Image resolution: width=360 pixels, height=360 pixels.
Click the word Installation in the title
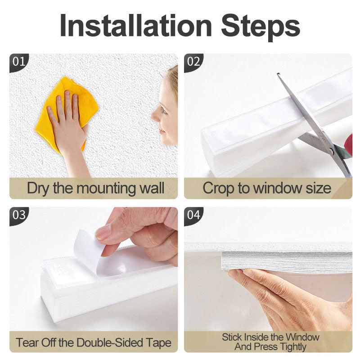[x=136, y=25]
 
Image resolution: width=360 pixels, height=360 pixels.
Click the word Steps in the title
[x=261, y=27]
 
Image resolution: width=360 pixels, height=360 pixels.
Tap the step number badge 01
[x=19, y=62]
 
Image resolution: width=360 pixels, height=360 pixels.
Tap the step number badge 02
[x=193, y=62]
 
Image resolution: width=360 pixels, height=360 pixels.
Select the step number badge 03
[x=19, y=216]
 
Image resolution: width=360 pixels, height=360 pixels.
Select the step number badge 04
[x=193, y=216]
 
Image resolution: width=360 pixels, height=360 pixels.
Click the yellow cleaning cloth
[x=67, y=112]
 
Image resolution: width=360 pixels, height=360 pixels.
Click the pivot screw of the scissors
[x=331, y=151]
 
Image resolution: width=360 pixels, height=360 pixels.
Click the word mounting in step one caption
[x=107, y=189]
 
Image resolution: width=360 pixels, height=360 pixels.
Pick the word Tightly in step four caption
[x=293, y=347]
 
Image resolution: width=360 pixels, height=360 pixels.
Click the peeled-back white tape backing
[x=88, y=249]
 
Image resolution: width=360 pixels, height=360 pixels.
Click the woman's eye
[x=164, y=111]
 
